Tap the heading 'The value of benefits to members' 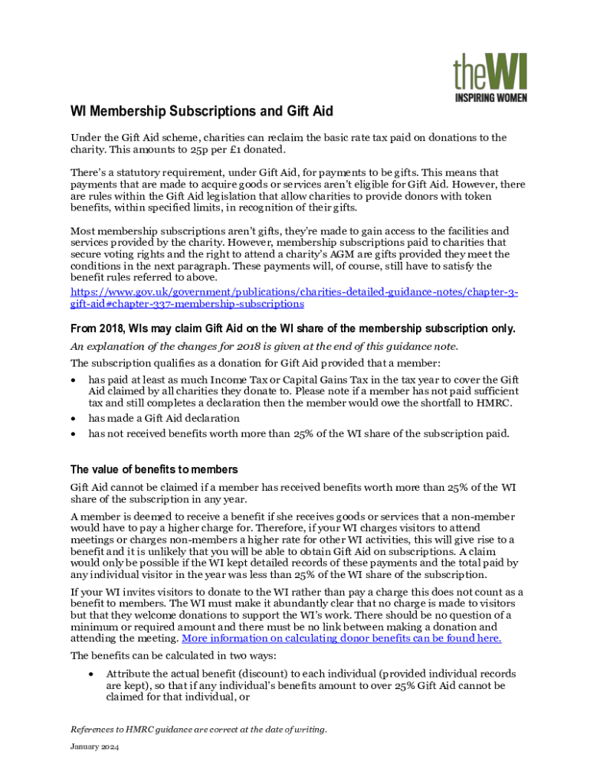coord(154,469)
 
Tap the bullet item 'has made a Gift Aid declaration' coord(164,418)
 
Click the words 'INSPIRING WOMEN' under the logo coord(490,97)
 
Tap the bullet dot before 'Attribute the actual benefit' coord(92,675)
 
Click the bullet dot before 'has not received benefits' coord(74,434)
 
